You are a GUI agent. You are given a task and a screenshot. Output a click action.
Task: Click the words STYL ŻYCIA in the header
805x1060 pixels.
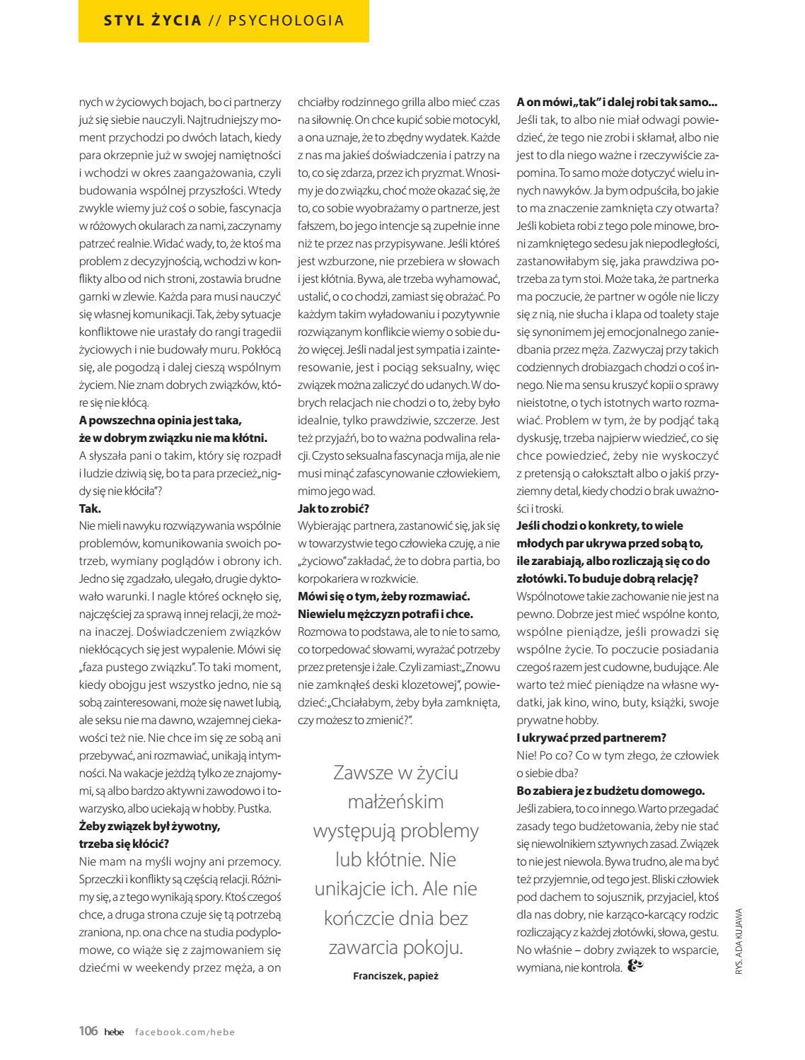coord(152,21)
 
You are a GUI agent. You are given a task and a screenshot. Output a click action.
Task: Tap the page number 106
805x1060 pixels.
coord(88,1031)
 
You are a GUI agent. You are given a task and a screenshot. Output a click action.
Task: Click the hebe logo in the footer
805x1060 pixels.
coord(113,1032)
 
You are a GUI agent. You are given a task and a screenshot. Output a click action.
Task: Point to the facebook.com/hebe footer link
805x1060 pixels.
coord(185,1032)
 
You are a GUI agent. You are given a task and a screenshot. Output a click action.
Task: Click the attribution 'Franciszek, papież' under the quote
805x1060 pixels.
coord(395,976)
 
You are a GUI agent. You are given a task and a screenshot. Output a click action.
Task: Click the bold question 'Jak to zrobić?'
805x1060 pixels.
coord(334,508)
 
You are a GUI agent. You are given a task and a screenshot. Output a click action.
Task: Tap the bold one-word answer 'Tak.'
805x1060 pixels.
coord(90,508)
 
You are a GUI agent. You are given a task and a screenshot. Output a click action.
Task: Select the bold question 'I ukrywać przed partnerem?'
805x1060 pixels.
coord(591,738)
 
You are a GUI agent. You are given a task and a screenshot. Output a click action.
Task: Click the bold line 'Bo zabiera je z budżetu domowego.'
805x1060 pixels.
coord(610,791)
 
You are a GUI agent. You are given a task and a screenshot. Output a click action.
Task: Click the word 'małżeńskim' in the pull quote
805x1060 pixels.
coord(395,801)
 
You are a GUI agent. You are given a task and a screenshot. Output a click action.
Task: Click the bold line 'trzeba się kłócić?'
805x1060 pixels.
coord(123,843)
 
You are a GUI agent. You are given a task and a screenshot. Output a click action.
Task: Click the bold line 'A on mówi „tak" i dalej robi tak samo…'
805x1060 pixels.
coord(617,102)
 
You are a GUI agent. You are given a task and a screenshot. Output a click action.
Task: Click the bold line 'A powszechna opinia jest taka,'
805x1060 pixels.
coord(160,420)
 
